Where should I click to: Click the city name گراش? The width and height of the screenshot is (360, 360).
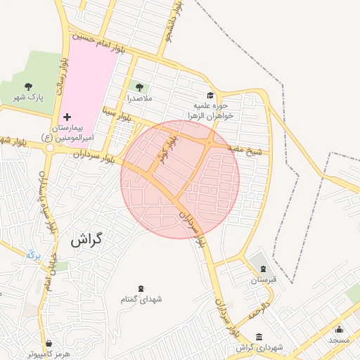pos(86,239)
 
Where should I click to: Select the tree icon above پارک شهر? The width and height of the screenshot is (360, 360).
pos(29,86)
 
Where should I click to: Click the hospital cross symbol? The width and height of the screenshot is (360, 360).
pos(67,115)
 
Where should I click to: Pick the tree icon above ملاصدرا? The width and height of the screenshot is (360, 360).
pos(139,87)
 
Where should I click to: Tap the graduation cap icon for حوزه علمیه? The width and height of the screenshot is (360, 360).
pos(209,96)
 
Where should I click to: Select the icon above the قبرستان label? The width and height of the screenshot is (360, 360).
pos(263,269)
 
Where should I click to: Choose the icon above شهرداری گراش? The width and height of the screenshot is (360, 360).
pos(259,336)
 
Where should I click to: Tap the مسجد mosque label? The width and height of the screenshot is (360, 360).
pos(339,340)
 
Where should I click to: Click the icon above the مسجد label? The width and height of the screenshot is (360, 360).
pos(339,329)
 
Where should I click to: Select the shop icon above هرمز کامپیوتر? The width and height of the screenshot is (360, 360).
pos(48,343)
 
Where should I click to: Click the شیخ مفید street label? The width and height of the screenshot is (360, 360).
pos(248,149)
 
